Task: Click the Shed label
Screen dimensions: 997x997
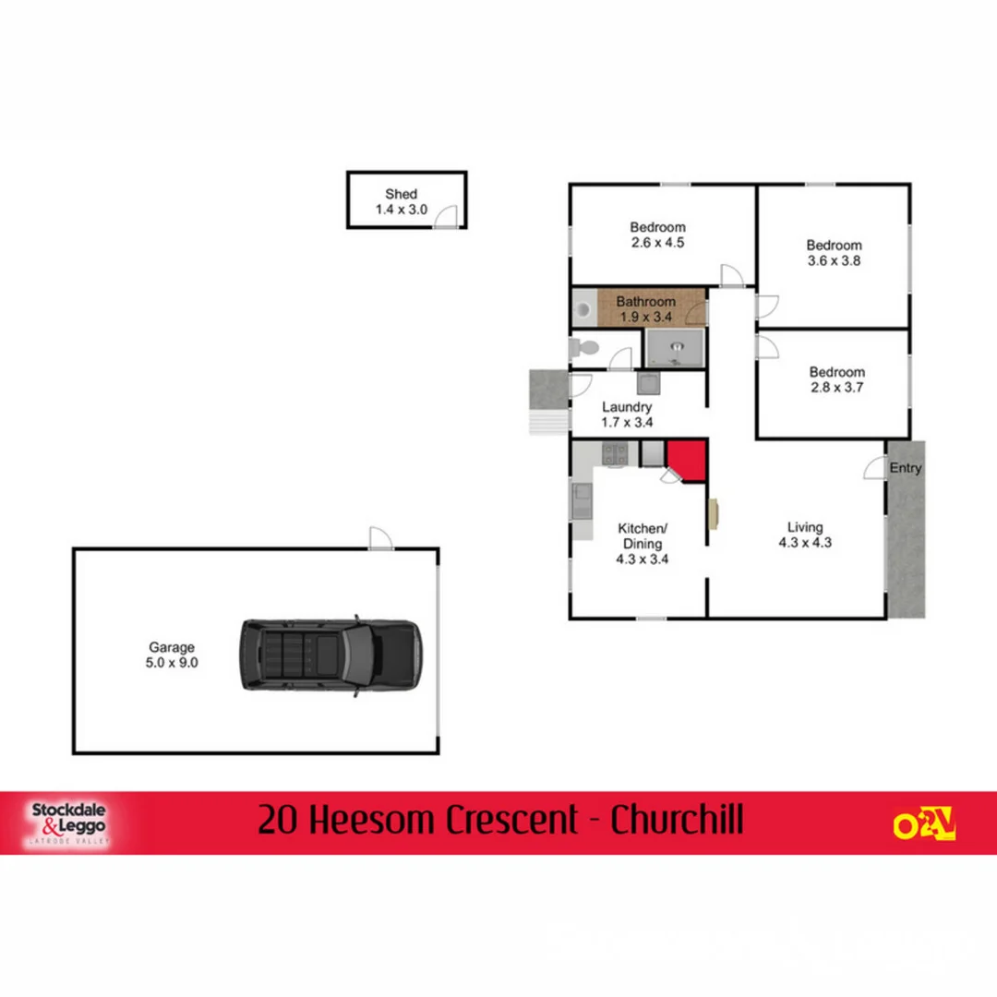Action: point(401,194)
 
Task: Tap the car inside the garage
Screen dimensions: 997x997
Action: point(330,655)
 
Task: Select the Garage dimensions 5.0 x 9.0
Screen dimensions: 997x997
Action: point(172,662)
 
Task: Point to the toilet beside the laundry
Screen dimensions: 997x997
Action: point(584,348)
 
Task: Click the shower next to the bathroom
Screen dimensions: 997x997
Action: point(675,348)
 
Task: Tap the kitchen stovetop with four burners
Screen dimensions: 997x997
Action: point(615,453)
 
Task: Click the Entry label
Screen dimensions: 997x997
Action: point(906,468)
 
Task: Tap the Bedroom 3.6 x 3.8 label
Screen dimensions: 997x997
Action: point(834,245)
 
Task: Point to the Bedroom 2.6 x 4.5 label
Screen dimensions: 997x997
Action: point(657,227)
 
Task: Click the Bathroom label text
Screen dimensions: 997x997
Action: point(645,301)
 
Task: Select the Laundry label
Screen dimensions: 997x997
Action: point(627,406)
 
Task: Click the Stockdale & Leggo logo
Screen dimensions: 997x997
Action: point(69,822)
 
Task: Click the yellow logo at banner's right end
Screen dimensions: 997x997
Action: point(923,823)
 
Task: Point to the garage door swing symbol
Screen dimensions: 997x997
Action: point(380,538)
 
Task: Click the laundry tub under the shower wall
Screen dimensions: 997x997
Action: point(647,383)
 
